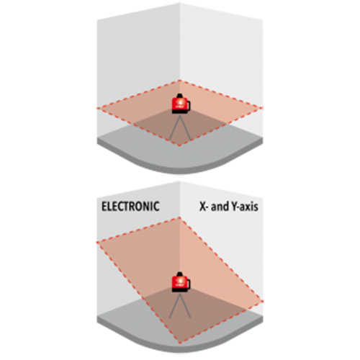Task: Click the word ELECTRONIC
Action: click(x=130, y=207)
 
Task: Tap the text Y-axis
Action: click(x=245, y=207)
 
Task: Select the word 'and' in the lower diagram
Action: click(x=220, y=207)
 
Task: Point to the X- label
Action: click(x=204, y=207)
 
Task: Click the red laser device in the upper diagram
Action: click(x=181, y=103)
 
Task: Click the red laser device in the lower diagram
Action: click(x=181, y=282)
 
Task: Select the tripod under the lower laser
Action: click(x=180, y=305)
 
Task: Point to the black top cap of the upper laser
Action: click(x=180, y=96)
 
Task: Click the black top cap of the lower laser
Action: click(x=180, y=274)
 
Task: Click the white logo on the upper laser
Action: click(x=179, y=103)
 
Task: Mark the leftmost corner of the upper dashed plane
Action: click(x=97, y=109)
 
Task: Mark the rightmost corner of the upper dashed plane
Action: click(x=263, y=108)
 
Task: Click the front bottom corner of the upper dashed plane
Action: click(x=179, y=145)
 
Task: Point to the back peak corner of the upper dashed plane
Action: click(x=179, y=81)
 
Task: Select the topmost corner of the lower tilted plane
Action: click(x=179, y=217)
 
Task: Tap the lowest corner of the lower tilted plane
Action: click(x=179, y=343)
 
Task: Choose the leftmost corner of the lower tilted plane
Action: click(x=97, y=243)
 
